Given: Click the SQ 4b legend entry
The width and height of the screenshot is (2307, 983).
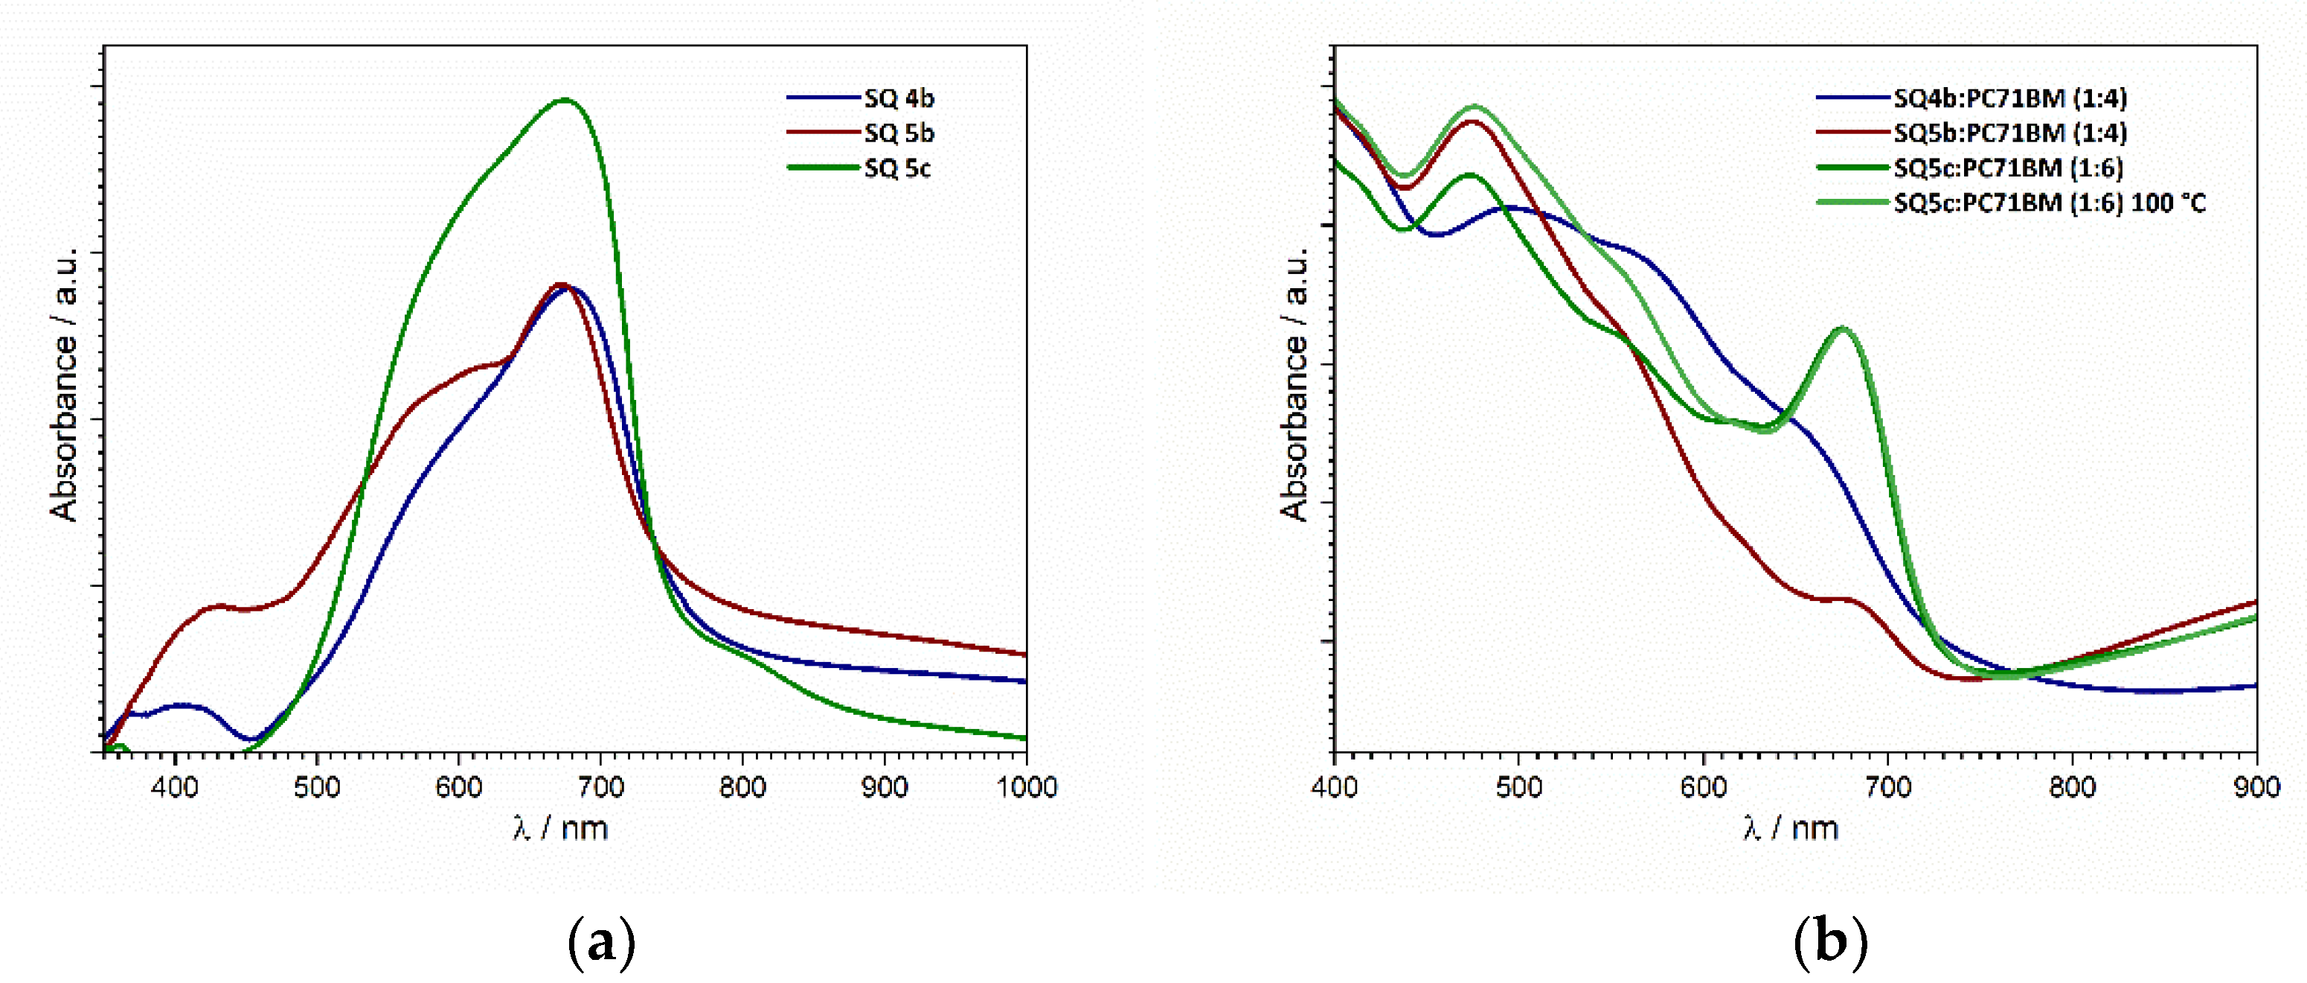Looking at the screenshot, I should pyautogui.click(x=898, y=98).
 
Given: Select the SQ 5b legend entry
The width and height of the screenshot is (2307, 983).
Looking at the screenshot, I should pyautogui.click(x=898, y=133).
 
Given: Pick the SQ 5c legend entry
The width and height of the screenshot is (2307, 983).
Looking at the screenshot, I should pyautogui.click(x=896, y=168).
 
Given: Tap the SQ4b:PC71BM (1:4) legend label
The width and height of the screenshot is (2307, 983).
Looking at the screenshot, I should pyautogui.click(x=2009, y=98).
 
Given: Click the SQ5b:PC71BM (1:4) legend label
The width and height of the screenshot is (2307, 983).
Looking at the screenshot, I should pyautogui.click(x=2009, y=133).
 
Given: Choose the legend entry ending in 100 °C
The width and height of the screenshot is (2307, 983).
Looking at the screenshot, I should pyautogui.click(x=2049, y=203).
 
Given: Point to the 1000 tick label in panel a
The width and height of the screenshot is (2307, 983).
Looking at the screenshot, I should pyautogui.click(x=1027, y=786).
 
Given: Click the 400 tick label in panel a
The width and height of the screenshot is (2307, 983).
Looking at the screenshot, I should pyautogui.click(x=175, y=786).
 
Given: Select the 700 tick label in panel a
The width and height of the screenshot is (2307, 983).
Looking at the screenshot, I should pyautogui.click(x=600, y=786).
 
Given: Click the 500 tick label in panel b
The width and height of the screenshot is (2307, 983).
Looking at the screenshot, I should pyautogui.click(x=1519, y=786).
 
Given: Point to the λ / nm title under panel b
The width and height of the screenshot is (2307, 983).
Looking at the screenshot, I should pyautogui.click(x=1790, y=827).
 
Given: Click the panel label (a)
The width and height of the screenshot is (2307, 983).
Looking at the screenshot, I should pyautogui.click(x=601, y=943).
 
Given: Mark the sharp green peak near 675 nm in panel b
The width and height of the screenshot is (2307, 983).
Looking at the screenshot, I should pyautogui.click(x=1842, y=329).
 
